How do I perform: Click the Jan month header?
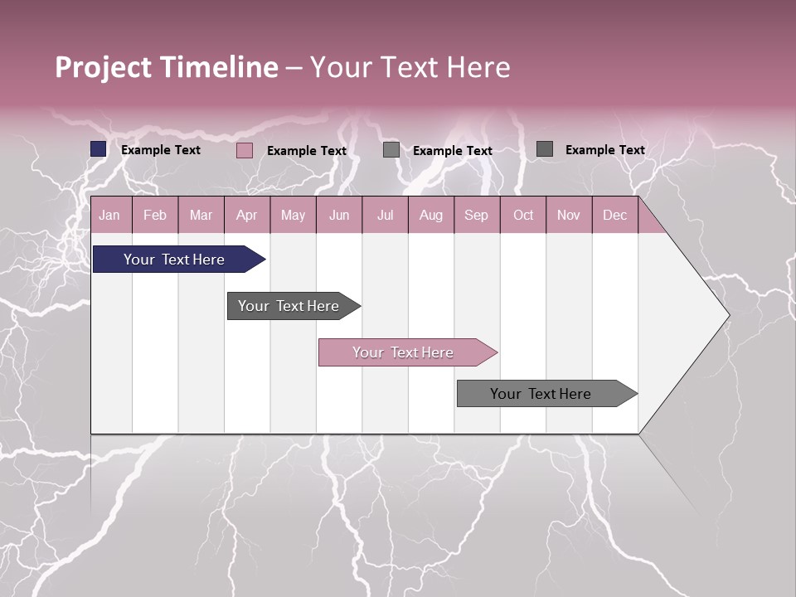[x=109, y=215]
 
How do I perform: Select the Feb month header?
[x=155, y=215]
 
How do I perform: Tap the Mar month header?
[x=201, y=215]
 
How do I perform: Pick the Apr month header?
[x=246, y=215]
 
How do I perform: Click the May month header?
[x=293, y=215]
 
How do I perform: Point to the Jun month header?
[x=339, y=215]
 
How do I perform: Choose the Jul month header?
[x=385, y=215]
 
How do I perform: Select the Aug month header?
[x=430, y=215]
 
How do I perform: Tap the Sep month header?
[x=476, y=215]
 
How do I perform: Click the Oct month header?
[x=523, y=215]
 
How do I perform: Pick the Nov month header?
[x=569, y=215]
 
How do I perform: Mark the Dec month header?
[x=614, y=215]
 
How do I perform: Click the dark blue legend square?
[x=99, y=149]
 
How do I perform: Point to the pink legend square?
[x=245, y=150]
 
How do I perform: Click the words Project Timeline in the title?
[x=167, y=67]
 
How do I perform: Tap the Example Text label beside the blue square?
[x=161, y=150]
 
